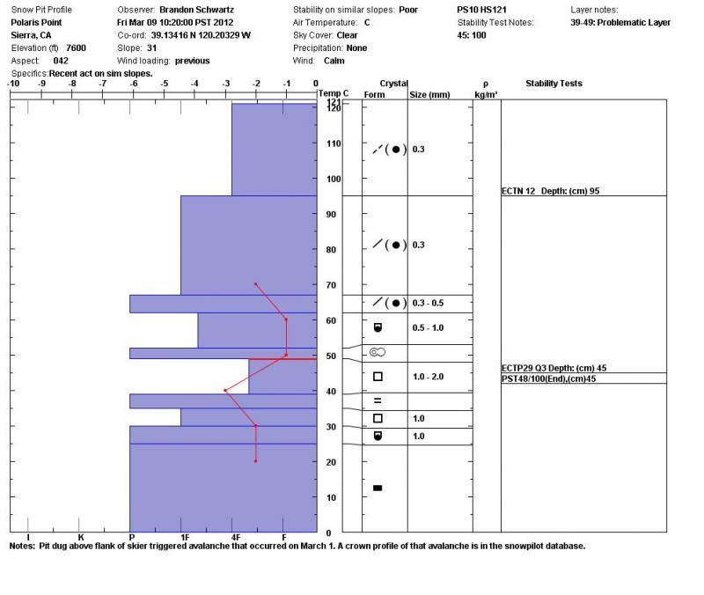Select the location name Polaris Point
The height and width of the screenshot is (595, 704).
pyautogui.click(x=37, y=22)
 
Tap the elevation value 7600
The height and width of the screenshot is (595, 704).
pyautogui.click(x=76, y=48)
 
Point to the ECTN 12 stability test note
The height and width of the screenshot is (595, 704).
pyautogui.click(x=550, y=190)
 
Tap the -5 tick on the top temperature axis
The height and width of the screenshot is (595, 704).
pyautogui.click(x=164, y=84)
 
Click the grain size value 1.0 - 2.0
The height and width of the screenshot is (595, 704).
pyautogui.click(x=429, y=377)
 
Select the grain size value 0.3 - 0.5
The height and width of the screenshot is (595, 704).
pyautogui.click(x=429, y=303)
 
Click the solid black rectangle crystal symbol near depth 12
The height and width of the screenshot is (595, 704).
pyautogui.click(x=378, y=488)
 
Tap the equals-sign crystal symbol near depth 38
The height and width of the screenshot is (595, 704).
pyautogui.click(x=378, y=400)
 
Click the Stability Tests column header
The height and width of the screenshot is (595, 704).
pyautogui.click(x=554, y=84)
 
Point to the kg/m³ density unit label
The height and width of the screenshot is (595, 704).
pyautogui.click(x=486, y=93)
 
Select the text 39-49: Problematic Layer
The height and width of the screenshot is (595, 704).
pyautogui.click(x=620, y=22)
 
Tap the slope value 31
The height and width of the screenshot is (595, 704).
pyautogui.click(x=152, y=48)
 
